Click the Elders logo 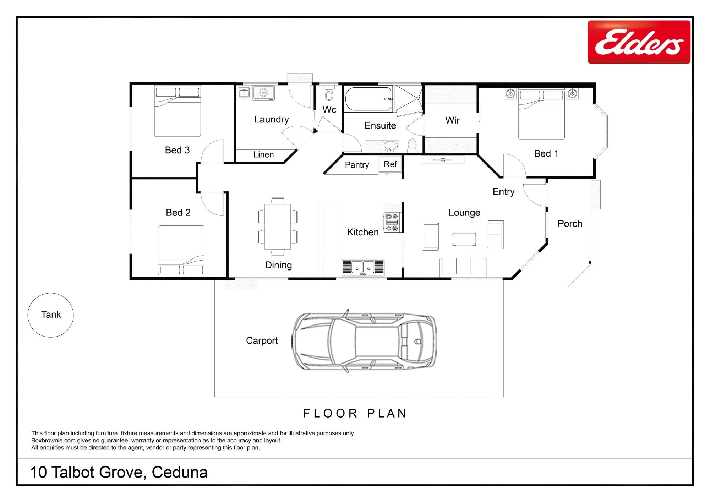[639, 42]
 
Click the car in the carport [364, 341]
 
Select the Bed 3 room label [177, 150]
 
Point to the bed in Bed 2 [181, 251]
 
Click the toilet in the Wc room [329, 93]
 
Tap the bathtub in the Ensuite [369, 99]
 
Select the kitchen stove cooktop [392, 223]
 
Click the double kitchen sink [363, 268]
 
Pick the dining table [278, 227]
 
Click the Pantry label [357, 165]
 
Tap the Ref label [390, 164]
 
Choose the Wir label [452, 120]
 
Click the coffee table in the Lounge [464, 239]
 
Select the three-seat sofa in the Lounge [463, 267]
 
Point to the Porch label [570, 224]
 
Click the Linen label [263, 155]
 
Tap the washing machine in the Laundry [263, 93]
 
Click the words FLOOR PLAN [355, 413]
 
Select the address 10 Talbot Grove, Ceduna [119, 472]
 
